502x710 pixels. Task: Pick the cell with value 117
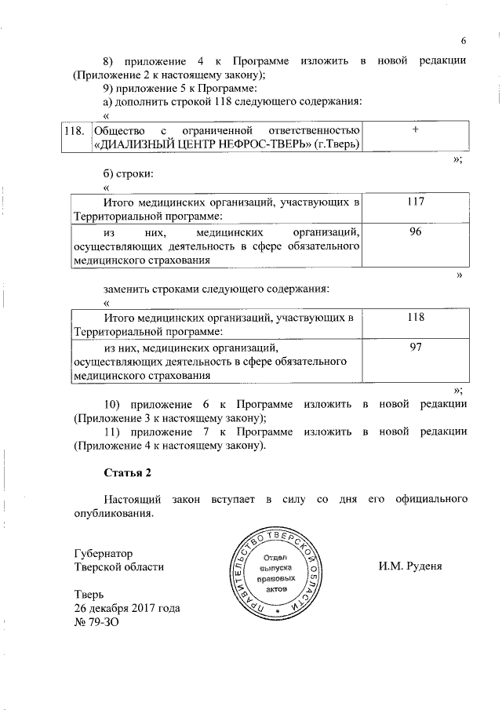416,202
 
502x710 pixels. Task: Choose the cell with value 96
416,232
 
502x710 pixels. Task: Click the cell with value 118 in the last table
416,317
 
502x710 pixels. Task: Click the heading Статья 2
126,473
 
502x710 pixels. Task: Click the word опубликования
109,514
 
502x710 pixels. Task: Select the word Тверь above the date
88,594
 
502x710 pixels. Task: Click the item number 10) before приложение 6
112,404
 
